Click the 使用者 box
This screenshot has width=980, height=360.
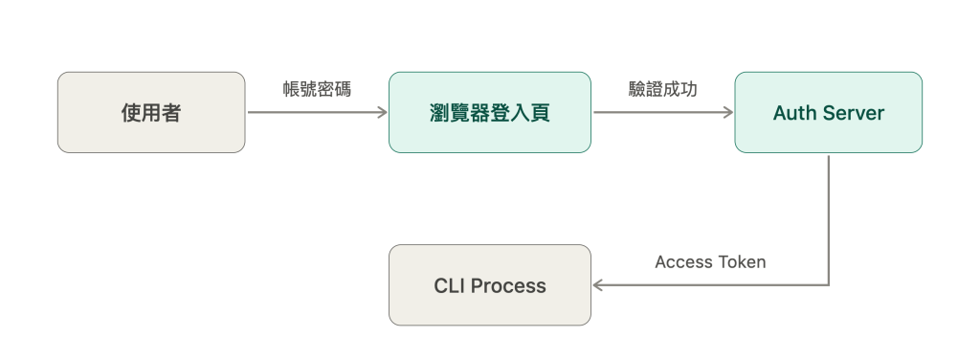tap(151, 113)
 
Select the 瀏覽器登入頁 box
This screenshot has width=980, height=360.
tap(489, 113)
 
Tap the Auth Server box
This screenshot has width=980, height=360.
tap(828, 113)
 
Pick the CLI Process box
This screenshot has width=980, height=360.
tap(489, 285)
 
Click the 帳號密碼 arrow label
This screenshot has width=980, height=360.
tap(317, 89)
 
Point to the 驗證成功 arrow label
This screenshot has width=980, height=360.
tap(662, 89)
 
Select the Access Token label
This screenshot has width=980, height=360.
tap(710, 262)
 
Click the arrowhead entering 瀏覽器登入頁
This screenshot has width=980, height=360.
tap(383, 113)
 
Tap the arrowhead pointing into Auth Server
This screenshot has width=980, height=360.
tap(728, 113)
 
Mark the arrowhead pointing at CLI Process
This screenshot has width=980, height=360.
tap(597, 285)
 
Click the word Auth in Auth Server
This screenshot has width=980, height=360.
tap(793, 113)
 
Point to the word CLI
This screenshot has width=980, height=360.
tap(450, 285)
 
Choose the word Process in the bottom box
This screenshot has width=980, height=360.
tap(508, 286)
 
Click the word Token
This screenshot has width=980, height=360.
tap(742, 262)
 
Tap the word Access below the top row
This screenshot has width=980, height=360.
tap(682, 262)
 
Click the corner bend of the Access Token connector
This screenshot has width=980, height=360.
tap(828, 285)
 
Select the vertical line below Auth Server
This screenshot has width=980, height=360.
tap(828, 220)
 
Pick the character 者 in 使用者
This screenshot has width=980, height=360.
tap(171, 113)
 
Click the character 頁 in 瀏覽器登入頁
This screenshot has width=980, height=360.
tap(540, 113)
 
